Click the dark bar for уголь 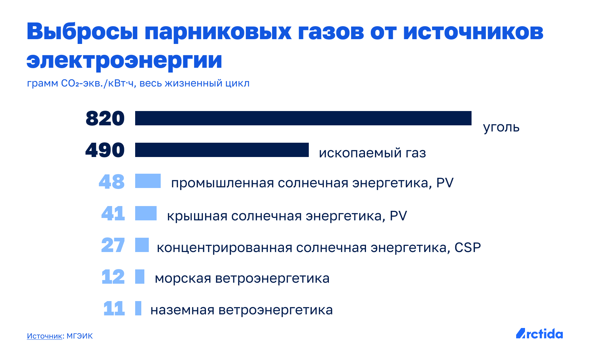[303, 118]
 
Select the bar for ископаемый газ [222, 150]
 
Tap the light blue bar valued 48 [148, 181]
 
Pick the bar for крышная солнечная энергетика [146, 213]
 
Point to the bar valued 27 [142, 245]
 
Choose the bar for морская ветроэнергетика [140, 277]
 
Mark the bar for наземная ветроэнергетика [138, 308]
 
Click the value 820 [105, 119]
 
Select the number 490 [105, 150]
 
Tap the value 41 [113, 214]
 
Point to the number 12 [113, 277]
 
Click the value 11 [114, 309]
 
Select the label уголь [502, 128]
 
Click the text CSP [468, 248]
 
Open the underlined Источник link [45, 336]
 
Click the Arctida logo [539, 333]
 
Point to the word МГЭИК [80, 336]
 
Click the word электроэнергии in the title [124, 61]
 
